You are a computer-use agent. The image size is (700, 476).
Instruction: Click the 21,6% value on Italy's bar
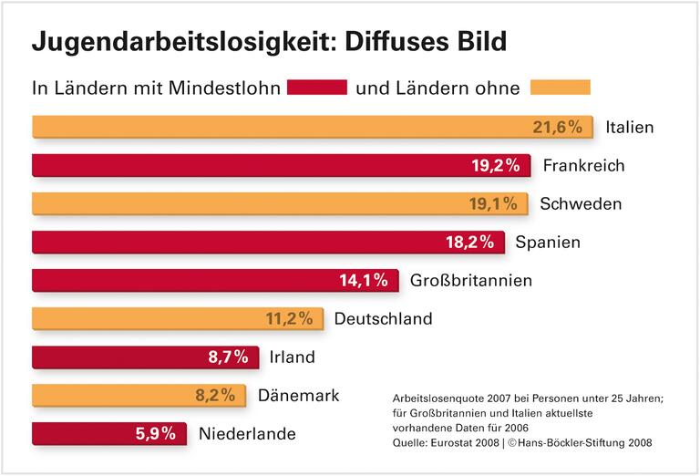pos(557,127)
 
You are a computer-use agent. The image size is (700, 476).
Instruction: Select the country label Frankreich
pos(582,165)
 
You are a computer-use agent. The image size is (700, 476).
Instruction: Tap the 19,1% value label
pos(494,203)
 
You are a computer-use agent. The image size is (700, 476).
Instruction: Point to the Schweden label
pos(581,203)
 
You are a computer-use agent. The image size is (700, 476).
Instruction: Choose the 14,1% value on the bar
pos(365,280)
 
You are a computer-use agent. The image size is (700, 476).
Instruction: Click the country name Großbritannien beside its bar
pos(471,280)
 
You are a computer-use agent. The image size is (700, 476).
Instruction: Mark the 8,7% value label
pos(228,357)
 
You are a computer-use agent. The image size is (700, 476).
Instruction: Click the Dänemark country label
pos(299,395)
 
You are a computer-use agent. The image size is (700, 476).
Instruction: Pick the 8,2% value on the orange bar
pos(215,395)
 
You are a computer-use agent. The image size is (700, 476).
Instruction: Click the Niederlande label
pos(247,433)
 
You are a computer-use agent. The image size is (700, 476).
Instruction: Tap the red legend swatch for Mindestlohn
pos(317,88)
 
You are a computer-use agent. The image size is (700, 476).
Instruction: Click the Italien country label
pos(630,127)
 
